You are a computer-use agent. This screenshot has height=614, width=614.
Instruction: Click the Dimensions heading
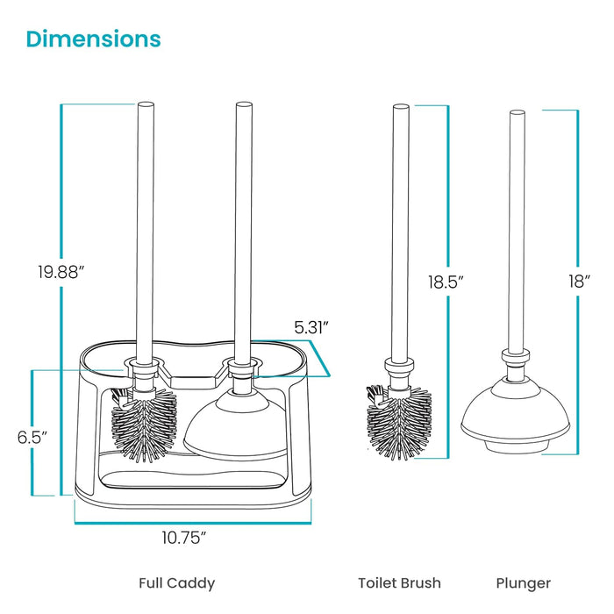[93, 39]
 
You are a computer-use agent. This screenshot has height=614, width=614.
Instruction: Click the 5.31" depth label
[311, 327]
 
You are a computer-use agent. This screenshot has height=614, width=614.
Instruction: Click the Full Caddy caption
[176, 582]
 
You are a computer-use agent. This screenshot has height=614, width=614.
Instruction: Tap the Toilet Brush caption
[399, 582]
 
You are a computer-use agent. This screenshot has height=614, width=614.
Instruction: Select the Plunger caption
[524, 582]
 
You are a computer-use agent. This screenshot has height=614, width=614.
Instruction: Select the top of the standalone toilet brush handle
[401, 109]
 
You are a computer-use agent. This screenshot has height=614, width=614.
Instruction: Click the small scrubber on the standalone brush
[374, 396]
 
